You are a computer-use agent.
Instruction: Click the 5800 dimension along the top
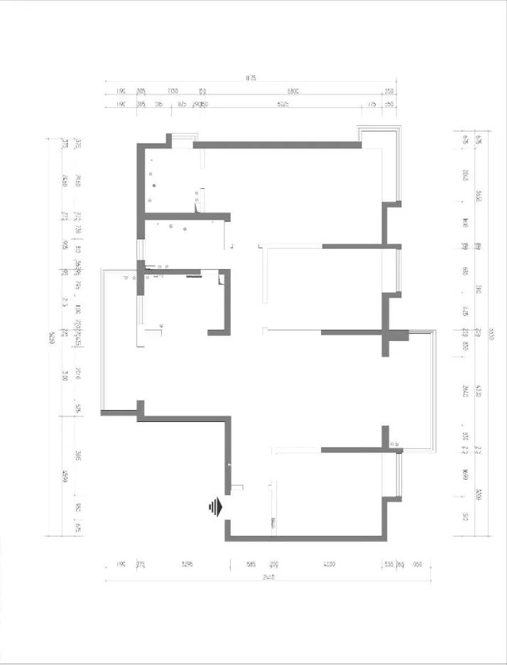(293, 92)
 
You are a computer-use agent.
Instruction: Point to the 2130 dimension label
(173, 92)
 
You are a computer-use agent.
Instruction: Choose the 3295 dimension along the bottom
(187, 565)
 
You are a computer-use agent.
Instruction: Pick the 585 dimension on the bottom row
(250, 565)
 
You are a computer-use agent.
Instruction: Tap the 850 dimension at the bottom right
(417, 565)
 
